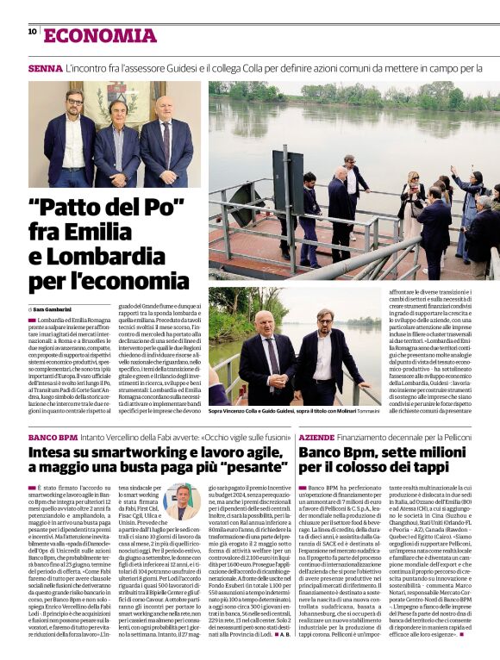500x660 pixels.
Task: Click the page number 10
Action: (32, 31)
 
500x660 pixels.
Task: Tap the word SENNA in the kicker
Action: (45, 67)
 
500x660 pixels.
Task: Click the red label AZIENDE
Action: (322, 438)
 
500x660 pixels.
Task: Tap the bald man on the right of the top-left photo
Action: (165, 138)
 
